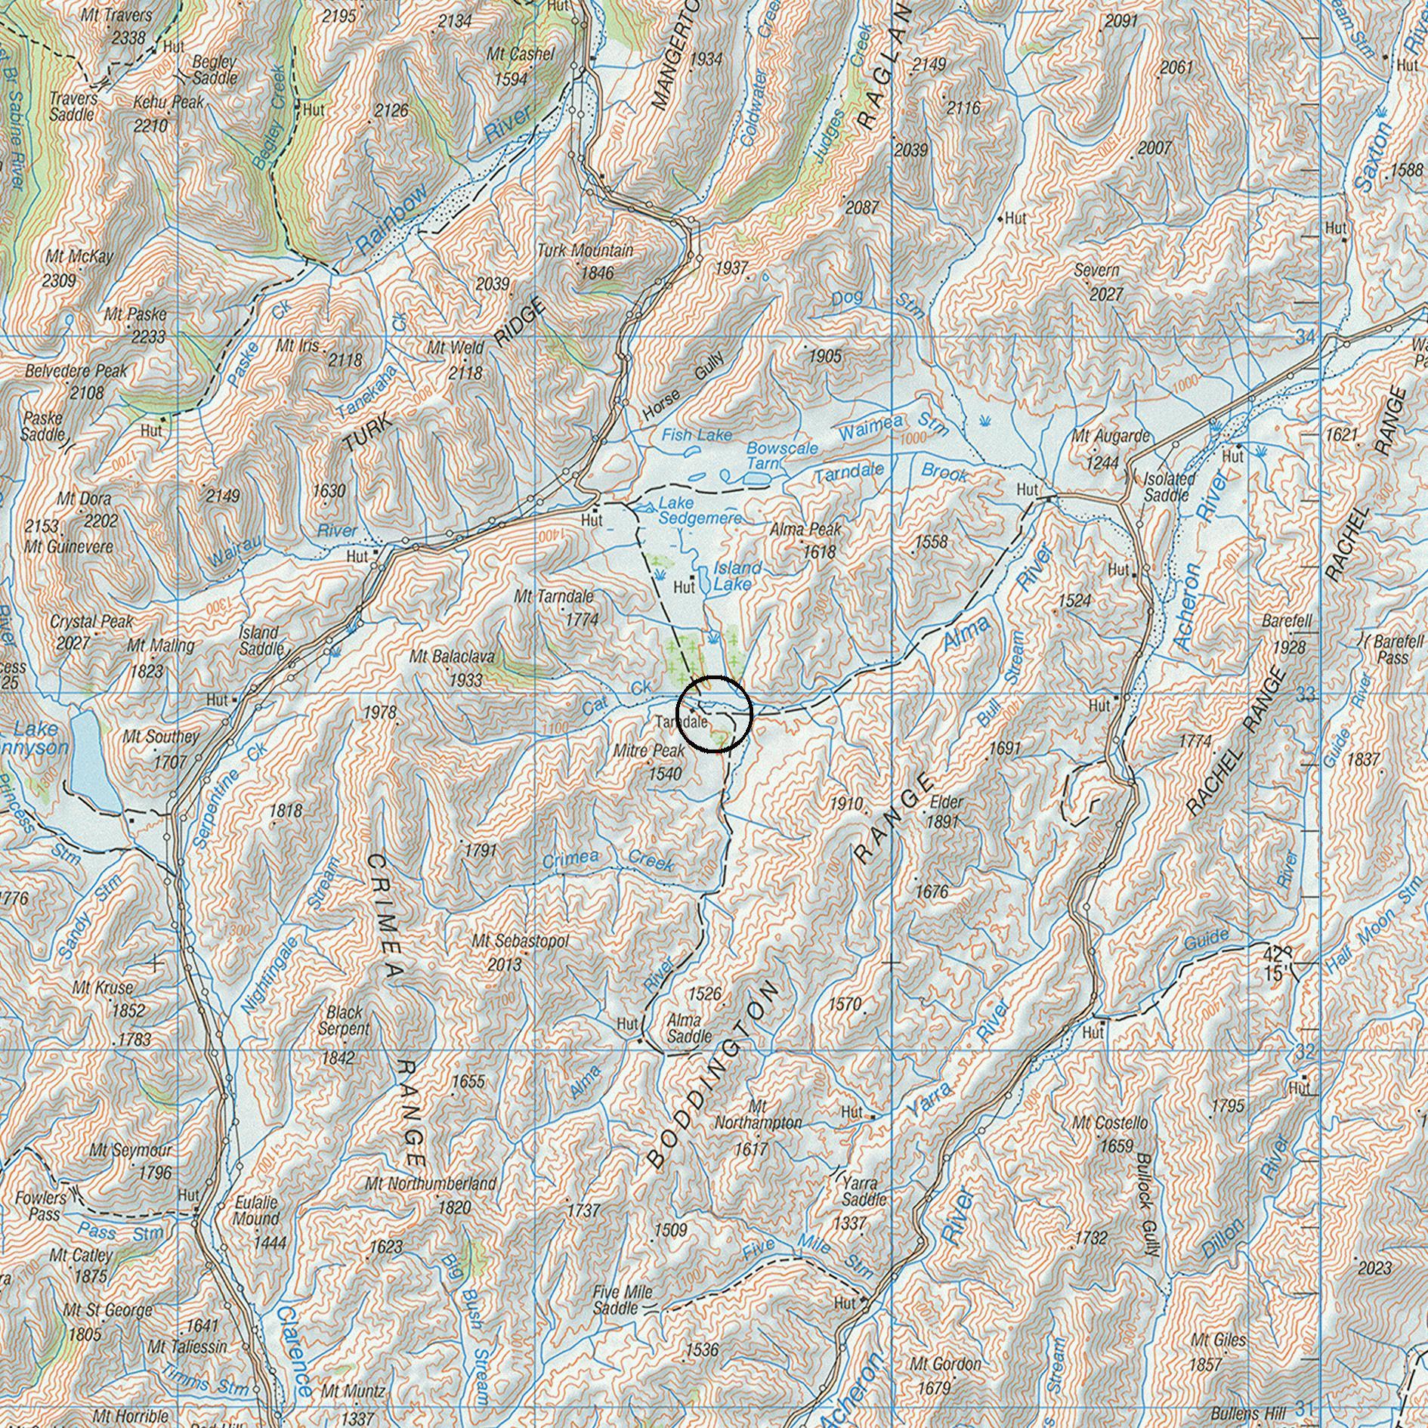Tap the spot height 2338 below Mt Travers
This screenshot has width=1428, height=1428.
(128, 36)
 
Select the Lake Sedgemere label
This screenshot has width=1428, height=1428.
(700, 510)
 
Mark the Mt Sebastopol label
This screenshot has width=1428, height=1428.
(520, 941)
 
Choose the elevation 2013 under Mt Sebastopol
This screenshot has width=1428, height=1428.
(504, 964)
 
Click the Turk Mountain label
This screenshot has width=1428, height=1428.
(585, 250)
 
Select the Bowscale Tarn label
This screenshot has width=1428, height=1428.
(781, 456)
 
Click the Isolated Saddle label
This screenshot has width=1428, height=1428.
(1169, 487)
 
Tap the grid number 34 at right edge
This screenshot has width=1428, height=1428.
(1305, 338)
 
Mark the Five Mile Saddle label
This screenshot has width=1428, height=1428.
(623, 1300)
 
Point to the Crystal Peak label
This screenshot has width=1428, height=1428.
(91, 622)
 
